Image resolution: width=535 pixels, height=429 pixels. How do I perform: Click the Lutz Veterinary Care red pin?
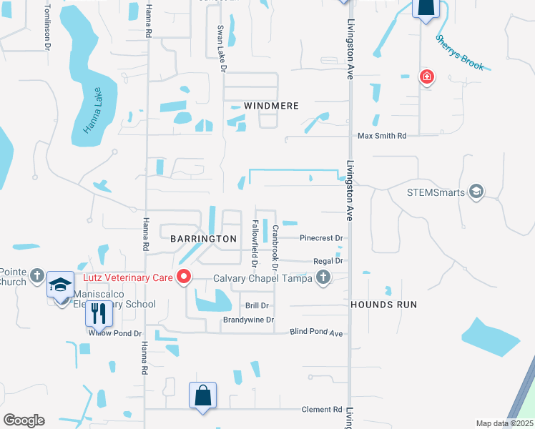click(x=184, y=276)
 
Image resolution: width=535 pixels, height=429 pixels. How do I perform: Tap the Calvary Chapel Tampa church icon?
click(x=323, y=277)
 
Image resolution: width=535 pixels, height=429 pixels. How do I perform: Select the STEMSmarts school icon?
click(x=476, y=192)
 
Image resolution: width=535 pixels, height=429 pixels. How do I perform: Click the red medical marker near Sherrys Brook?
click(x=426, y=77)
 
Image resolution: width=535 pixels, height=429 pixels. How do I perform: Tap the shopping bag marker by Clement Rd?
click(x=202, y=395)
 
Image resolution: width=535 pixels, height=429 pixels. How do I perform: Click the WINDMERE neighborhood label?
click(x=271, y=106)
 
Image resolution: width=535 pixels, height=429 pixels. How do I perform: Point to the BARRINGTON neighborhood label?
click(x=203, y=238)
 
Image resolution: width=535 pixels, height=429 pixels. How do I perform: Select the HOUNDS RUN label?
click(x=383, y=305)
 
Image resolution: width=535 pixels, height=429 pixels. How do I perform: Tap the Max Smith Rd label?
click(x=382, y=136)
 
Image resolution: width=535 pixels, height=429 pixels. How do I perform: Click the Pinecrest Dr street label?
click(x=322, y=237)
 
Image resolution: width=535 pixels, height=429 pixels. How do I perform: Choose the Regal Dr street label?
click(x=328, y=262)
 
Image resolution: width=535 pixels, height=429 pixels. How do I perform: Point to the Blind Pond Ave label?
click(x=317, y=332)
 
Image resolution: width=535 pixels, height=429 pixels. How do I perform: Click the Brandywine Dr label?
click(x=248, y=320)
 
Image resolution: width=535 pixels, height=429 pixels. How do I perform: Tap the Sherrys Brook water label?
click(x=460, y=52)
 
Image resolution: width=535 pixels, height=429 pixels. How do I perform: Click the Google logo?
click(x=24, y=420)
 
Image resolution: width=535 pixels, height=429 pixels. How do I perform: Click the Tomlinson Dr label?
click(x=47, y=27)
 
